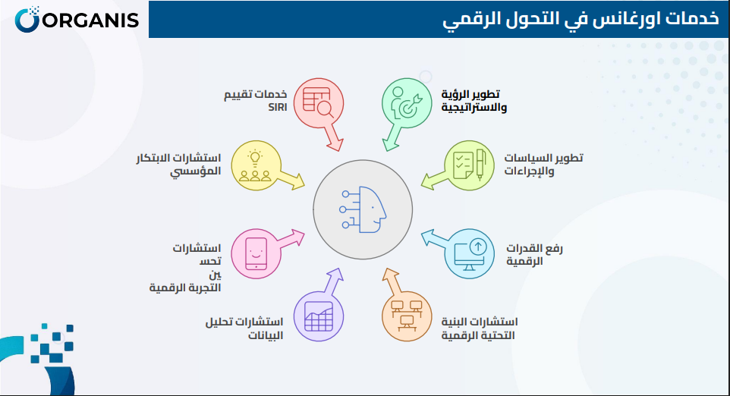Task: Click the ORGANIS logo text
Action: coord(89,19)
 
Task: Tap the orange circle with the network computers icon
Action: coord(407,315)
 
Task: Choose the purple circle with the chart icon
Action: coord(319,316)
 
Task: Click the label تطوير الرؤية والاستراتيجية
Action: coord(474,101)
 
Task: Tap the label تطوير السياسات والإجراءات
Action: coord(543,164)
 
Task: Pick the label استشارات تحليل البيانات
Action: coord(244,328)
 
